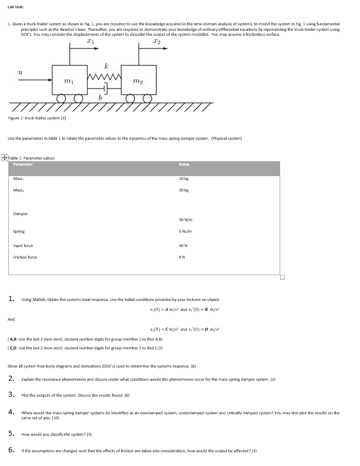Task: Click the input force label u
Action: [x=20, y=73]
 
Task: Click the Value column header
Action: [x=184, y=165]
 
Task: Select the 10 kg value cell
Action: [x=184, y=179]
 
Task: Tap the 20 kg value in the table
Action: [x=184, y=190]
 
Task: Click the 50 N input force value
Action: [x=184, y=245]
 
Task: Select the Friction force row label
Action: [x=25, y=257]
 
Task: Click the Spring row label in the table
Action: [x=19, y=232]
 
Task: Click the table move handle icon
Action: [x=4, y=158]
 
